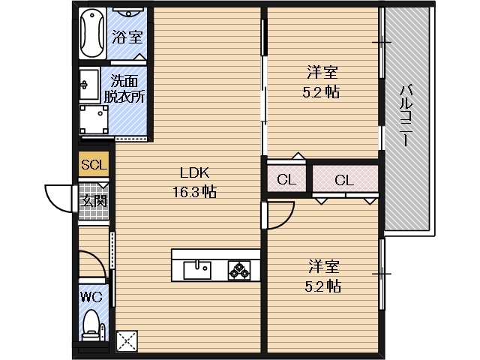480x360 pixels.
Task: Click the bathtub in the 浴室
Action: pos(92,33)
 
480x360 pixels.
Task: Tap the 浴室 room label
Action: pos(127,37)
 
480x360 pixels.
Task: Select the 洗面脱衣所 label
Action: pos(124,88)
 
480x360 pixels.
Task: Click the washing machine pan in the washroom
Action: pos(94,120)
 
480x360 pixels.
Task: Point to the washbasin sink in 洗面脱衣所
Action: pos(89,84)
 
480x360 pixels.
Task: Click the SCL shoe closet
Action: pos(94,164)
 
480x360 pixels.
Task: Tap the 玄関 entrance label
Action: pos(94,201)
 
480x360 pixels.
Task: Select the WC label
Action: pos(91,297)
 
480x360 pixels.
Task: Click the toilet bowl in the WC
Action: pos(91,325)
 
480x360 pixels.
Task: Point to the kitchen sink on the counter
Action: pos(197,270)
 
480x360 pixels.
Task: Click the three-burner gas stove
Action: pos(239,270)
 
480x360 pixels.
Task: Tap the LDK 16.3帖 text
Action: pos(195,182)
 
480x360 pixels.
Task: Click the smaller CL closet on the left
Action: pos(286,179)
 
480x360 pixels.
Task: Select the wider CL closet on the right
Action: pos(345,179)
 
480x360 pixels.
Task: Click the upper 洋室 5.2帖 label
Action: pos(322,82)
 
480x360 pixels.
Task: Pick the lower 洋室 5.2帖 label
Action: pos(323,276)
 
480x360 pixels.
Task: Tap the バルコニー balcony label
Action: pos(406,116)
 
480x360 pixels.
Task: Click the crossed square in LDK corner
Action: pos(127,340)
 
